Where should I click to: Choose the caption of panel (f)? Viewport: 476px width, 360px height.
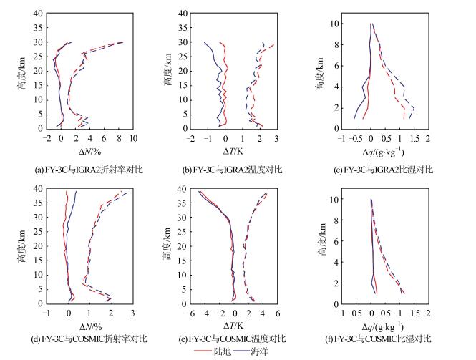(x=387, y=338)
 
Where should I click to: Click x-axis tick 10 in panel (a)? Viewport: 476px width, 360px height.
(x=133, y=138)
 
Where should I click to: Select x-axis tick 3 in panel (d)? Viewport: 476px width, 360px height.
(x=132, y=313)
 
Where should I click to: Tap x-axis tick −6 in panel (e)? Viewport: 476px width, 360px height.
(x=191, y=313)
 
